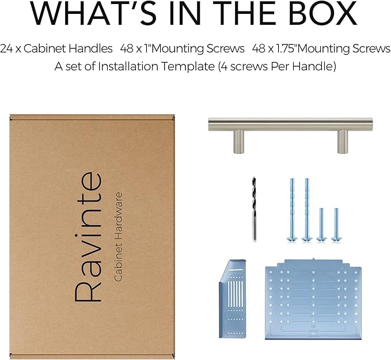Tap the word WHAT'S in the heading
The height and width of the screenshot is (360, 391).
tap(93, 13)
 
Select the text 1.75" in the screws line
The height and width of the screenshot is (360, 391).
tap(287, 48)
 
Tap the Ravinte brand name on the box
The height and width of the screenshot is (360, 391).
tap(88, 237)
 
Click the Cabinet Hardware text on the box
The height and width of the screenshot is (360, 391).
tap(118, 237)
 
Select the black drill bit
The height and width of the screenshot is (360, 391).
tap(254, 209)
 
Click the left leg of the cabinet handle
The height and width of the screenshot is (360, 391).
tap(238, 141)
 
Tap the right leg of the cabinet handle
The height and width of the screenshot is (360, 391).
tap(343, 141)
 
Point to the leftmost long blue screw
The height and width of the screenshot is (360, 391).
tap(293, 210)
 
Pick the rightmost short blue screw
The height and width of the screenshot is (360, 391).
tap(336, 225)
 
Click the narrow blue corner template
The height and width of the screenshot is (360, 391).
tap(233, 299)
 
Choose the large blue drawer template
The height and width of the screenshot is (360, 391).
tap(313, 300)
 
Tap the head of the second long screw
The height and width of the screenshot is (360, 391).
tap(307, 239)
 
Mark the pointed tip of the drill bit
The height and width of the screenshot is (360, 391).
tap(254, 177)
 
